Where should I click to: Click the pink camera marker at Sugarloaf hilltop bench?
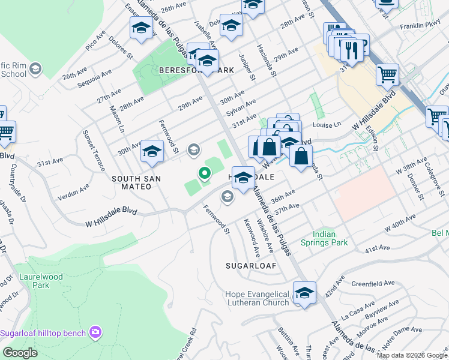coord(95,331)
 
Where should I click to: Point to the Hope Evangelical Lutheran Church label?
coord(257,298)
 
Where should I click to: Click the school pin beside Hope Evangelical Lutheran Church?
coord(304,293)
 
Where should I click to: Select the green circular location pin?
coord(205,174)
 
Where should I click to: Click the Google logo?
coord(20,353)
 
